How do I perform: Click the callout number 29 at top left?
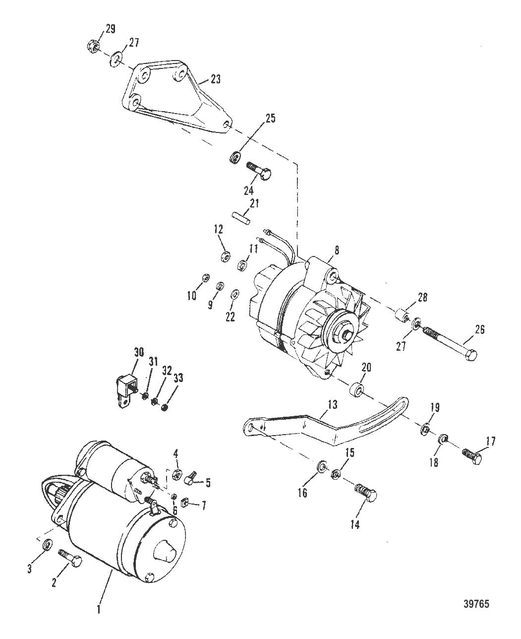[x=110, y=29]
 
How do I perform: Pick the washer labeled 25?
[x=234, y=159]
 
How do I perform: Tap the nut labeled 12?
[x=224, y=256]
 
